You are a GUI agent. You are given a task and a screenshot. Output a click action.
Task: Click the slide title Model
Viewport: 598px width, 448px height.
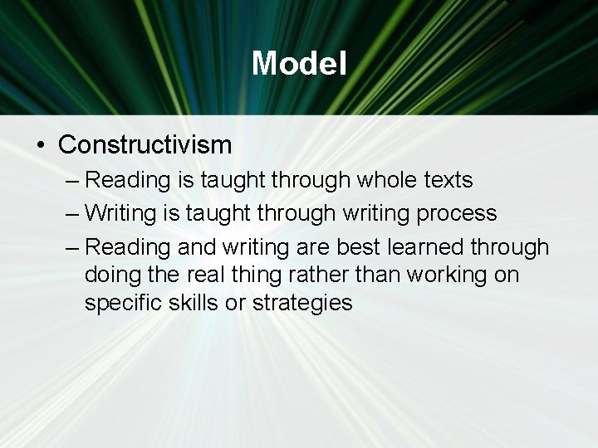click(299, 63)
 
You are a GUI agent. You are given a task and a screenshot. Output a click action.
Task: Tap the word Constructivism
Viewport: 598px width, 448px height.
click(145, 145)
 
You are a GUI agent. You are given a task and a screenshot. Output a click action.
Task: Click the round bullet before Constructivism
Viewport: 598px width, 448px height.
click(41, 146)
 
